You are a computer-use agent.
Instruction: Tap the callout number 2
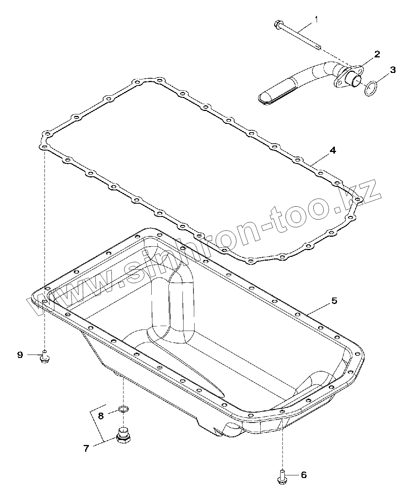coord(377,54)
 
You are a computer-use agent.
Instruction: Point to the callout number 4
coord(333,150)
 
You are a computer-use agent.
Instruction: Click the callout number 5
coord(334,300)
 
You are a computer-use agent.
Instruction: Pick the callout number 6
coord(303,475)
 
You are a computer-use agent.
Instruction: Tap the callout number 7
coord(86,448)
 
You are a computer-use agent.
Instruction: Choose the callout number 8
coord(101,416)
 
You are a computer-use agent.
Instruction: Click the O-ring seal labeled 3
coord(371,88)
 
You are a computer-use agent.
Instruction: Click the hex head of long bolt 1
coord(276,25)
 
